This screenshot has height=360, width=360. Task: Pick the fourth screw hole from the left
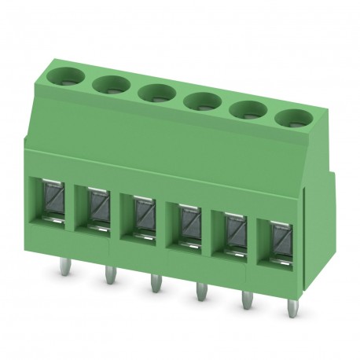[203, 100]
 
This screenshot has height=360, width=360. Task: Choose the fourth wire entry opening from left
[188, 223]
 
